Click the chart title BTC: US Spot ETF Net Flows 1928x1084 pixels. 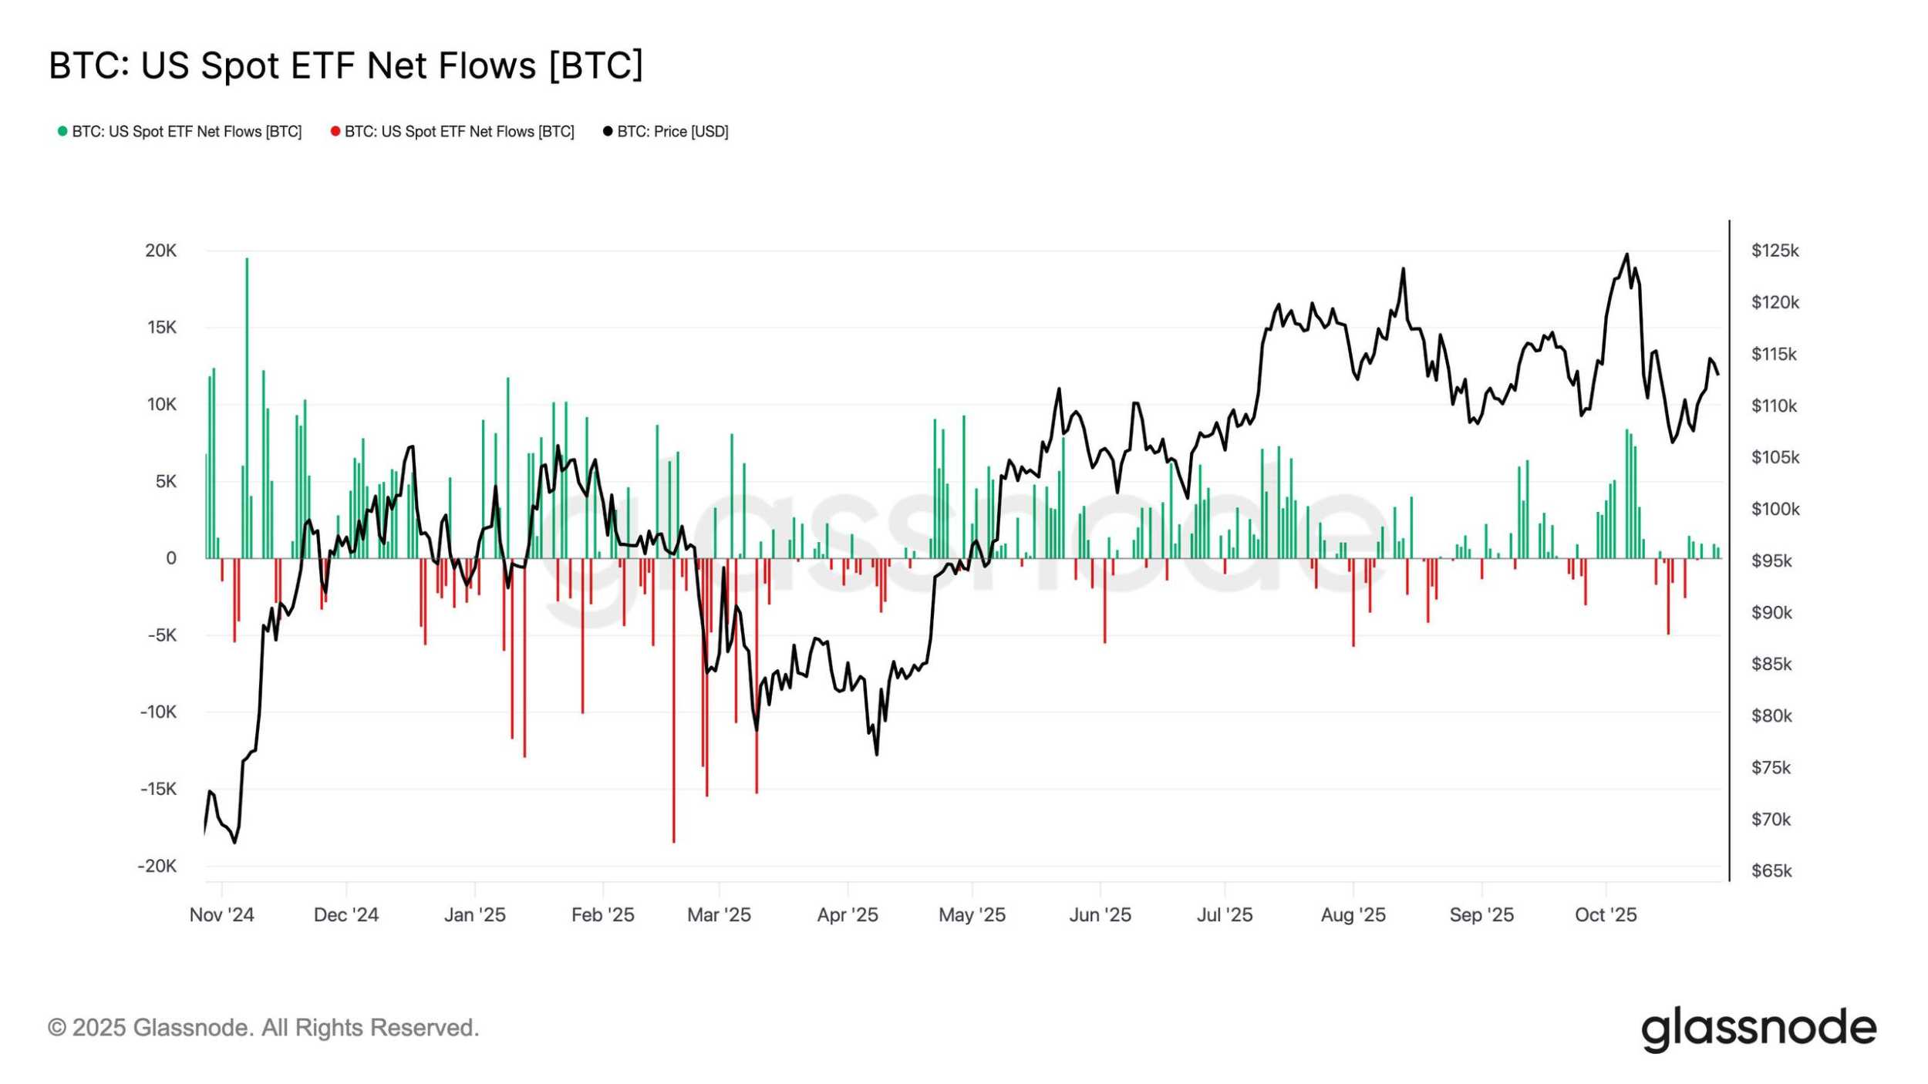(x=345, y=66)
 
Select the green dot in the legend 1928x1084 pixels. (x=62, y=132)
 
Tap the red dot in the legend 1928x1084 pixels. (x=335, y=132)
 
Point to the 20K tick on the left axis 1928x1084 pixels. (x=161, y=251)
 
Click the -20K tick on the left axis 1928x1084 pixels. (x=157, y=866)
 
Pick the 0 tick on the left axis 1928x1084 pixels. (x=171, y=558)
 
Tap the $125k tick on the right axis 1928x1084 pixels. (x=1775, y=251)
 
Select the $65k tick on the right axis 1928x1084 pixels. (x=1771, y=870)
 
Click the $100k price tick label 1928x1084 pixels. (x=1775, y=509)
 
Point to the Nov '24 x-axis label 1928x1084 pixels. (x=221, y=914)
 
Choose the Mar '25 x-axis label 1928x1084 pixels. (x=719, y=914)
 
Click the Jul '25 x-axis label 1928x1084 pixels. (x=1225, y=914)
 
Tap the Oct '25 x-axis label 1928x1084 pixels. (x=1606, y=914)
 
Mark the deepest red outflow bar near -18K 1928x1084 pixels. (x=673, y=702)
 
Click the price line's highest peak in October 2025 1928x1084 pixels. (x=1627, y=254)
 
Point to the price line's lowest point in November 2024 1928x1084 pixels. (x=234, y=843)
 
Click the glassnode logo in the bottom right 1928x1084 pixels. (x=1758, y=1028)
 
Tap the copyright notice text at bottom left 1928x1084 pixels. (x=263, y=1028)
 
